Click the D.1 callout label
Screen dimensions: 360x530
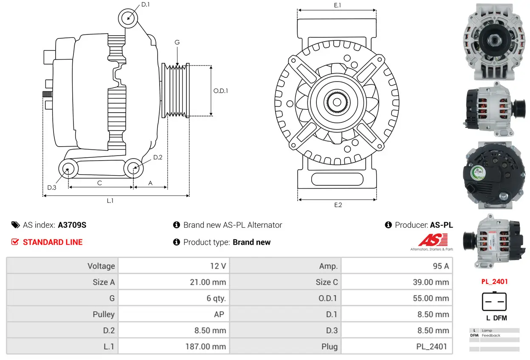(145, 5)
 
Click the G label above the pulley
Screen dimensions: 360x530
(177, 43)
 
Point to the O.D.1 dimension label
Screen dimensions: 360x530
(220, 91)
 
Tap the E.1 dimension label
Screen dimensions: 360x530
(338, 5)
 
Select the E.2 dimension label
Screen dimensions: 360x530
(338, 205)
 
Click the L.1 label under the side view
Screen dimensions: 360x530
(110, 201)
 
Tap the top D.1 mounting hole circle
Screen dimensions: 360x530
(128, 18)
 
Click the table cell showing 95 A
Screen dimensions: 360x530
(397, 266)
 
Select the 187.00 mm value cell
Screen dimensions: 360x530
(174, 346)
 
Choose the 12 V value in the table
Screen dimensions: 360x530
(174, 266)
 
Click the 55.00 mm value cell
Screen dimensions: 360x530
(397, 298)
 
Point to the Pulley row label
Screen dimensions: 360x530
(104, 315)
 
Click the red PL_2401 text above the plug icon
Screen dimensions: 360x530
(494, 281)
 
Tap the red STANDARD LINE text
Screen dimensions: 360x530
(53, 242)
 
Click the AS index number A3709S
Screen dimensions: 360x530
(72, 225)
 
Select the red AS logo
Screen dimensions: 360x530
(432, 241)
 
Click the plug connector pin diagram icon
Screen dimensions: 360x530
(494, 302)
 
